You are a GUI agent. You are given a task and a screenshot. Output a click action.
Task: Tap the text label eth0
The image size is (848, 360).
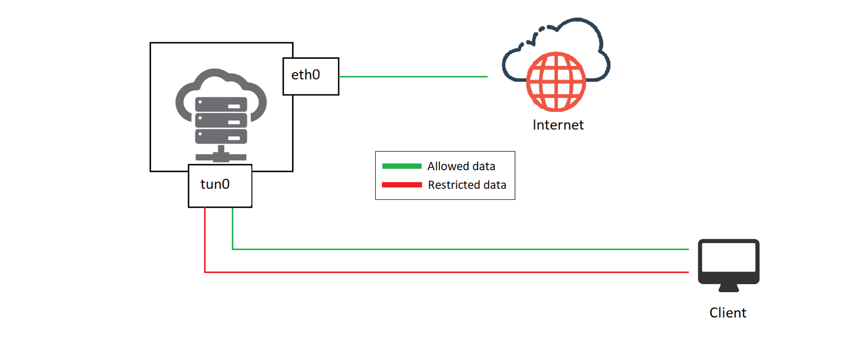coord(305,75)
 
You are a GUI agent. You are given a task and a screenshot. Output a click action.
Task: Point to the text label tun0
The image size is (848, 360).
coord(215,184)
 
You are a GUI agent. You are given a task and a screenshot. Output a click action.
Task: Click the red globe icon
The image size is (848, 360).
coord(556,82)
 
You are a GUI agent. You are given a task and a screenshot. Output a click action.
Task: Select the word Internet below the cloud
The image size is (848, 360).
coord(558,125)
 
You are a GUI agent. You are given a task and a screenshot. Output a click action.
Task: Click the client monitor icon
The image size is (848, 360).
coord(728,262)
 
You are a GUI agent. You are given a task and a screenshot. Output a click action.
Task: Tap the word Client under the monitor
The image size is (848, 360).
coord(728,313)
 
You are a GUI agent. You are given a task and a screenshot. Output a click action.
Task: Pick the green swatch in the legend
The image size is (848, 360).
coord(402,166)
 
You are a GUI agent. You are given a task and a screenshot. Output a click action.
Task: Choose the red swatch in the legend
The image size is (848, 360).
coord(402,185)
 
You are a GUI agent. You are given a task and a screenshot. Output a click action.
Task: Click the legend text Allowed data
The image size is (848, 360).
coord(461,166)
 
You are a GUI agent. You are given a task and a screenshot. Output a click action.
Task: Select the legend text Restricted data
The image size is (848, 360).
coord(467,185)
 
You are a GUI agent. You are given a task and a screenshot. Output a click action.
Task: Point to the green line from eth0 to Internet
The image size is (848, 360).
coord(413,77)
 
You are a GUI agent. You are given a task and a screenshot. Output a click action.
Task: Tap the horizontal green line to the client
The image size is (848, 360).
coord(461,249)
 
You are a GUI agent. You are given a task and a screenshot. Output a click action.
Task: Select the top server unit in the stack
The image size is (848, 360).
coord(221,104)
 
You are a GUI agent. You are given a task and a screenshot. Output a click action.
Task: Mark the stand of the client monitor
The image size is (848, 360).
coord(728,288)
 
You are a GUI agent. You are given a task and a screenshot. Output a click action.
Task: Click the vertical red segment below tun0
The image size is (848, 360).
coord(205,239)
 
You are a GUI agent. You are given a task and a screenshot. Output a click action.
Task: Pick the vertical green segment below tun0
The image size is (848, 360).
coord(233,228)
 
